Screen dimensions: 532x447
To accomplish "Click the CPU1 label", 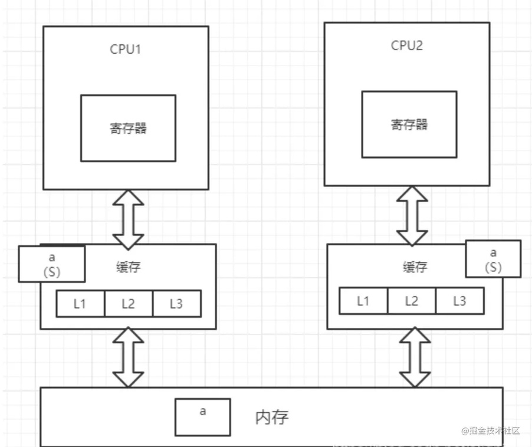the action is pos(125,49).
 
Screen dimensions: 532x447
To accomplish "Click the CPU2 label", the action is pos(407,45).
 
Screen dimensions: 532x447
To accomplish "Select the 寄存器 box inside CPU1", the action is pos(128,128).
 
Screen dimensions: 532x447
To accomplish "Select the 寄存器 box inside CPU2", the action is pos(409,124).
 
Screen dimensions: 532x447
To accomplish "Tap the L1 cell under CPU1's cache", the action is pos(80,304).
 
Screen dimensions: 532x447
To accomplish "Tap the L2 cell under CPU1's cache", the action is pos(129,304).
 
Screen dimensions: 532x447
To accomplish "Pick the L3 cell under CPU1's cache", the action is pos(177,304).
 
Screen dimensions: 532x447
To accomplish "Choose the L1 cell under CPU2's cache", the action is pos(363,301).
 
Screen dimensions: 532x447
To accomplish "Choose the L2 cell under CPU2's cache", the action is pos(412,301).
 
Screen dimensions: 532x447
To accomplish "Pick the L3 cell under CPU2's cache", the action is pos(459,301).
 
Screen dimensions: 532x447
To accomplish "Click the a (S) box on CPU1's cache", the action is pos(52,264).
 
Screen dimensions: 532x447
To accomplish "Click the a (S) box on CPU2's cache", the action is pos(493,259).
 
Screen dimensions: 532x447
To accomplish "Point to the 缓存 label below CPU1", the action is pos(128,267).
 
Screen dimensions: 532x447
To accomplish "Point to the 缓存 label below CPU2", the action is pos(415,267).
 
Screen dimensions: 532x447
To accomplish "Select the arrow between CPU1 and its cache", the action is pos(128,220).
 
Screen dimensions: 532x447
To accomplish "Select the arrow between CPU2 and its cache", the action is pos(412,216).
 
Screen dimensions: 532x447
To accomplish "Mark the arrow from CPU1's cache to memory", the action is pos(128,357).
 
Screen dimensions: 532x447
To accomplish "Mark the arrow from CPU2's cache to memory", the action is pos(415,357).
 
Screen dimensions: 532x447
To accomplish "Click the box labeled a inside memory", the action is pos(203,417).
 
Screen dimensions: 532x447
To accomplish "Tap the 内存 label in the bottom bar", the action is pos(272,418).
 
